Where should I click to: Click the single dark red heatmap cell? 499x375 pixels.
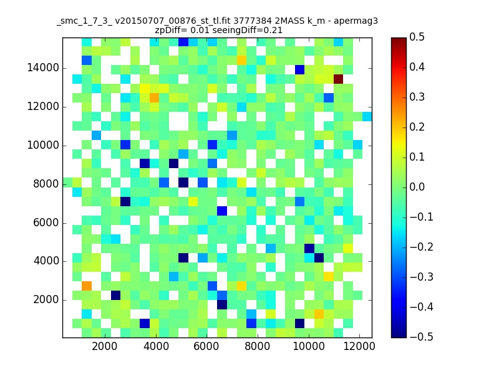[338, 79]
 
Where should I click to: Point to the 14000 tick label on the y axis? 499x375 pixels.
[43, 68]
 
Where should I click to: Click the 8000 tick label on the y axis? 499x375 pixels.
[46, 184]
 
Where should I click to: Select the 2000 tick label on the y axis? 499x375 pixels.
[46, 300]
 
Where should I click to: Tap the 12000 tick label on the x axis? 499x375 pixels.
[359, 346]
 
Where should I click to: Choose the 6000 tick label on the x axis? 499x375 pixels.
[206, 346]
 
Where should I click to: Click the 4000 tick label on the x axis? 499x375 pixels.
[156, 346]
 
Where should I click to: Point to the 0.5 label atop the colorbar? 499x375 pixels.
[417, 37]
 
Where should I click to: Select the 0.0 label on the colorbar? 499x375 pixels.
[417, 187]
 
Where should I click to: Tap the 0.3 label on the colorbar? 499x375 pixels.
[417, 97]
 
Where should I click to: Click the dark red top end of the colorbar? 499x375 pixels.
[399, 41]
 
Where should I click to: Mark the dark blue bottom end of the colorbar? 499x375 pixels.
[399, 334]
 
